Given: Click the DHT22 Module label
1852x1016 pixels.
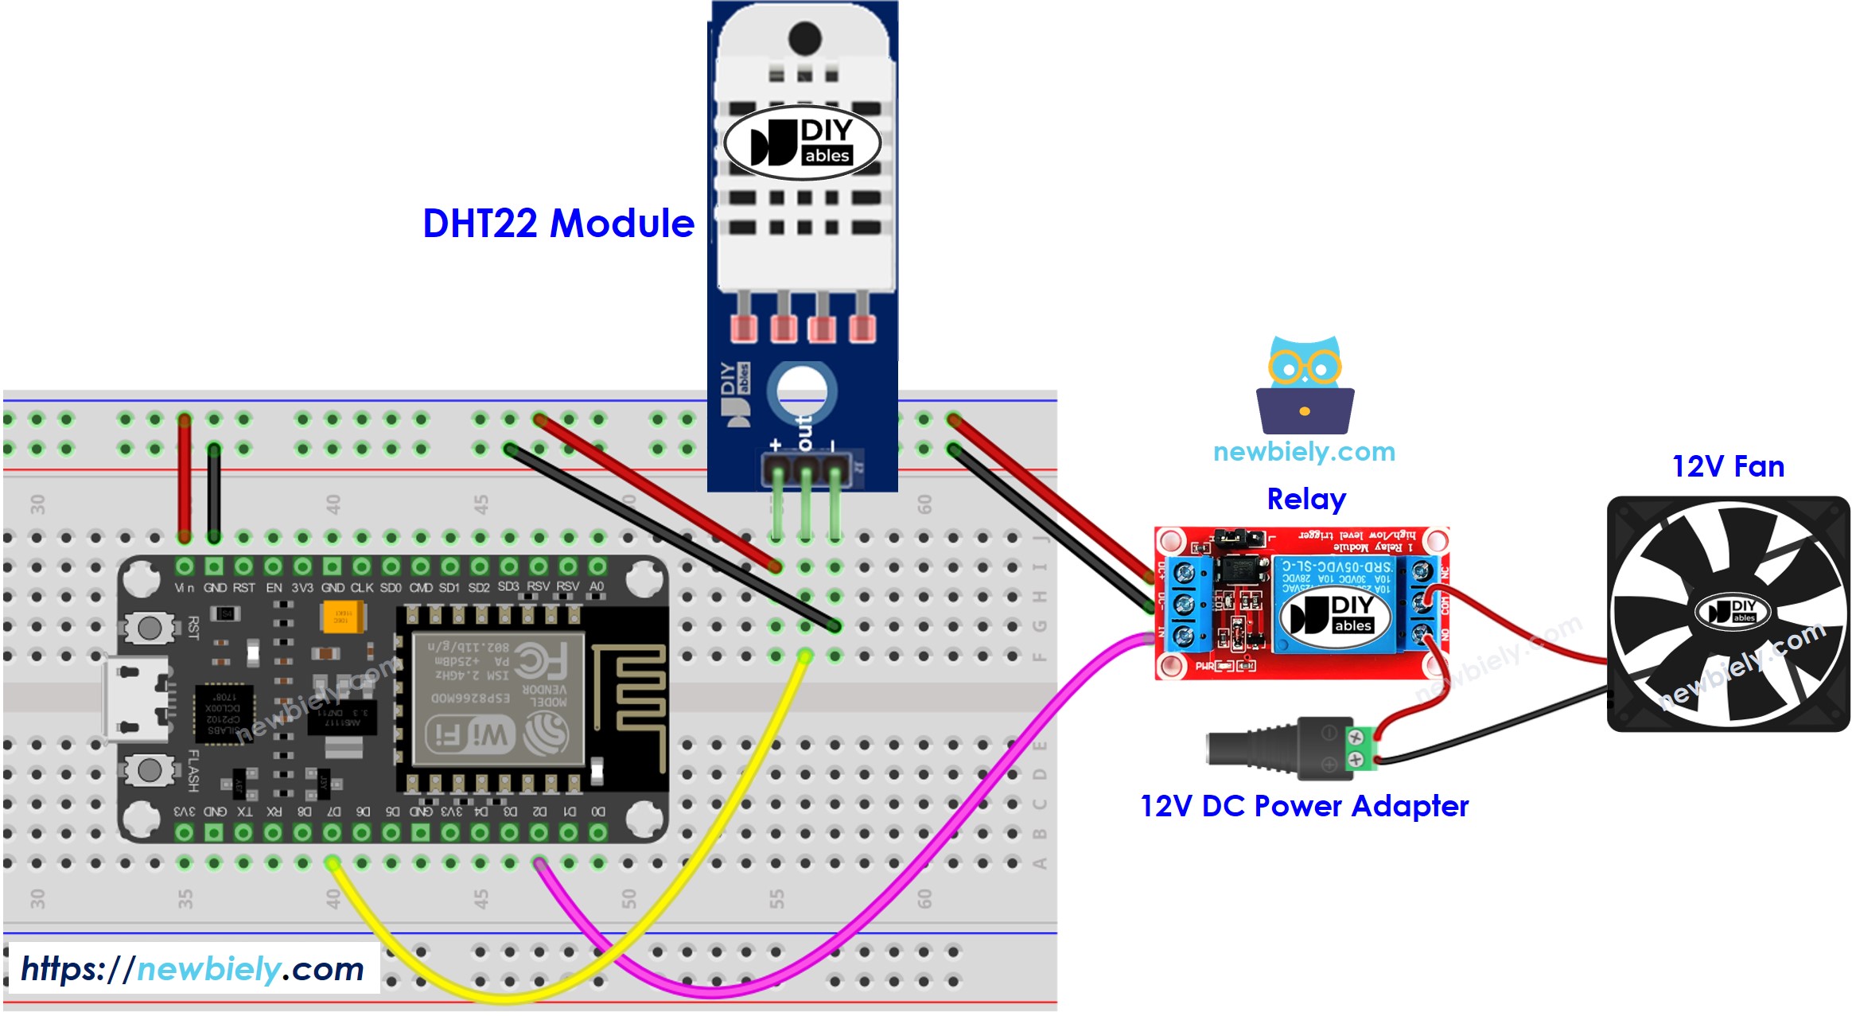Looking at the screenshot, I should (x=558, y=224).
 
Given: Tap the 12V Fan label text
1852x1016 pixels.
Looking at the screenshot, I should (x=1727, y=466).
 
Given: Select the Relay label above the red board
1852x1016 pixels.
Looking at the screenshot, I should (x=1305, y=499).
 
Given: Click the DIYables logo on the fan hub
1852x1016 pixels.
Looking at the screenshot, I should (x=1731, y=611).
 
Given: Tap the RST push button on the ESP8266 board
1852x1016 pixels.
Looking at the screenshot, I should (x=149, y=628).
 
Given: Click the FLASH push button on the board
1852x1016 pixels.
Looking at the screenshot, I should (x=149, y=769).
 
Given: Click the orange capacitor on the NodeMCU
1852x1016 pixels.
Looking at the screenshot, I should (x=342, y=617).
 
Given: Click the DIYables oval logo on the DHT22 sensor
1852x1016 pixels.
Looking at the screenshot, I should (x=802, y=143).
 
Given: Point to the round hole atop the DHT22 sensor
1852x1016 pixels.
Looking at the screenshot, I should (x=804, y=37).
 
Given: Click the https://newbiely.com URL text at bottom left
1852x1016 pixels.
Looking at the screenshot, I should (x=192, y=969).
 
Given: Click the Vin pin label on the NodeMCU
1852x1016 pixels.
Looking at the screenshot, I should (x=184, y=588).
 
